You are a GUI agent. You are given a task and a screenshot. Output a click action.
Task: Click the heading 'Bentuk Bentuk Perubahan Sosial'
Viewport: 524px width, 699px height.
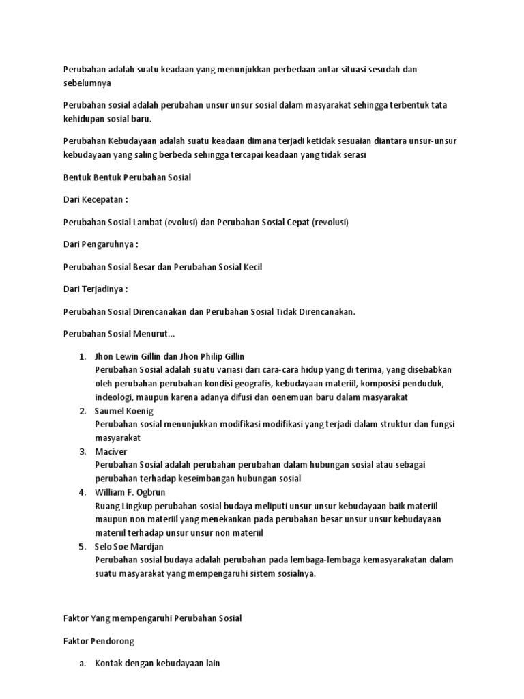[127, 178]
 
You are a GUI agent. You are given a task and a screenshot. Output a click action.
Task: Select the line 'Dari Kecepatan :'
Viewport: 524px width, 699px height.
[96, 201]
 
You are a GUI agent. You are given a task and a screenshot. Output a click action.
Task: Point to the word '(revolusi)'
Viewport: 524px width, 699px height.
[330, 223]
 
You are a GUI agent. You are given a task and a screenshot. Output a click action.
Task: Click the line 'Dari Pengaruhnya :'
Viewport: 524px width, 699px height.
[100, 245]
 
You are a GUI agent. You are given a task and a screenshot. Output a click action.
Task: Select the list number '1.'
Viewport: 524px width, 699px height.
[82, 357]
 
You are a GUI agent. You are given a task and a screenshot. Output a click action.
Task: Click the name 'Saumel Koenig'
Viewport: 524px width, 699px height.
[125, 411]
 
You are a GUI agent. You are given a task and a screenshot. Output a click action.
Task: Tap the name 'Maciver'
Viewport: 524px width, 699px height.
[111, 452]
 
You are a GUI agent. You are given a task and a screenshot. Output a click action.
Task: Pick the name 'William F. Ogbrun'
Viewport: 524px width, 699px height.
[131, 492]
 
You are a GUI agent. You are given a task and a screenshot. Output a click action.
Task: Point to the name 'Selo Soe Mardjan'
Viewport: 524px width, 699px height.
[130, 547]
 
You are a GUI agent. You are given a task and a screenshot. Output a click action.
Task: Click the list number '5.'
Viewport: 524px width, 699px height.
[82, 547]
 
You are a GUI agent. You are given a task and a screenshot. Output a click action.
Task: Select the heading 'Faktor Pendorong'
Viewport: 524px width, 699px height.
[99, 641]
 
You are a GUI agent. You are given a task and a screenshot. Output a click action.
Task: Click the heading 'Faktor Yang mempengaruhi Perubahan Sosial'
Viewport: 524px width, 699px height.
[152, 618]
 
